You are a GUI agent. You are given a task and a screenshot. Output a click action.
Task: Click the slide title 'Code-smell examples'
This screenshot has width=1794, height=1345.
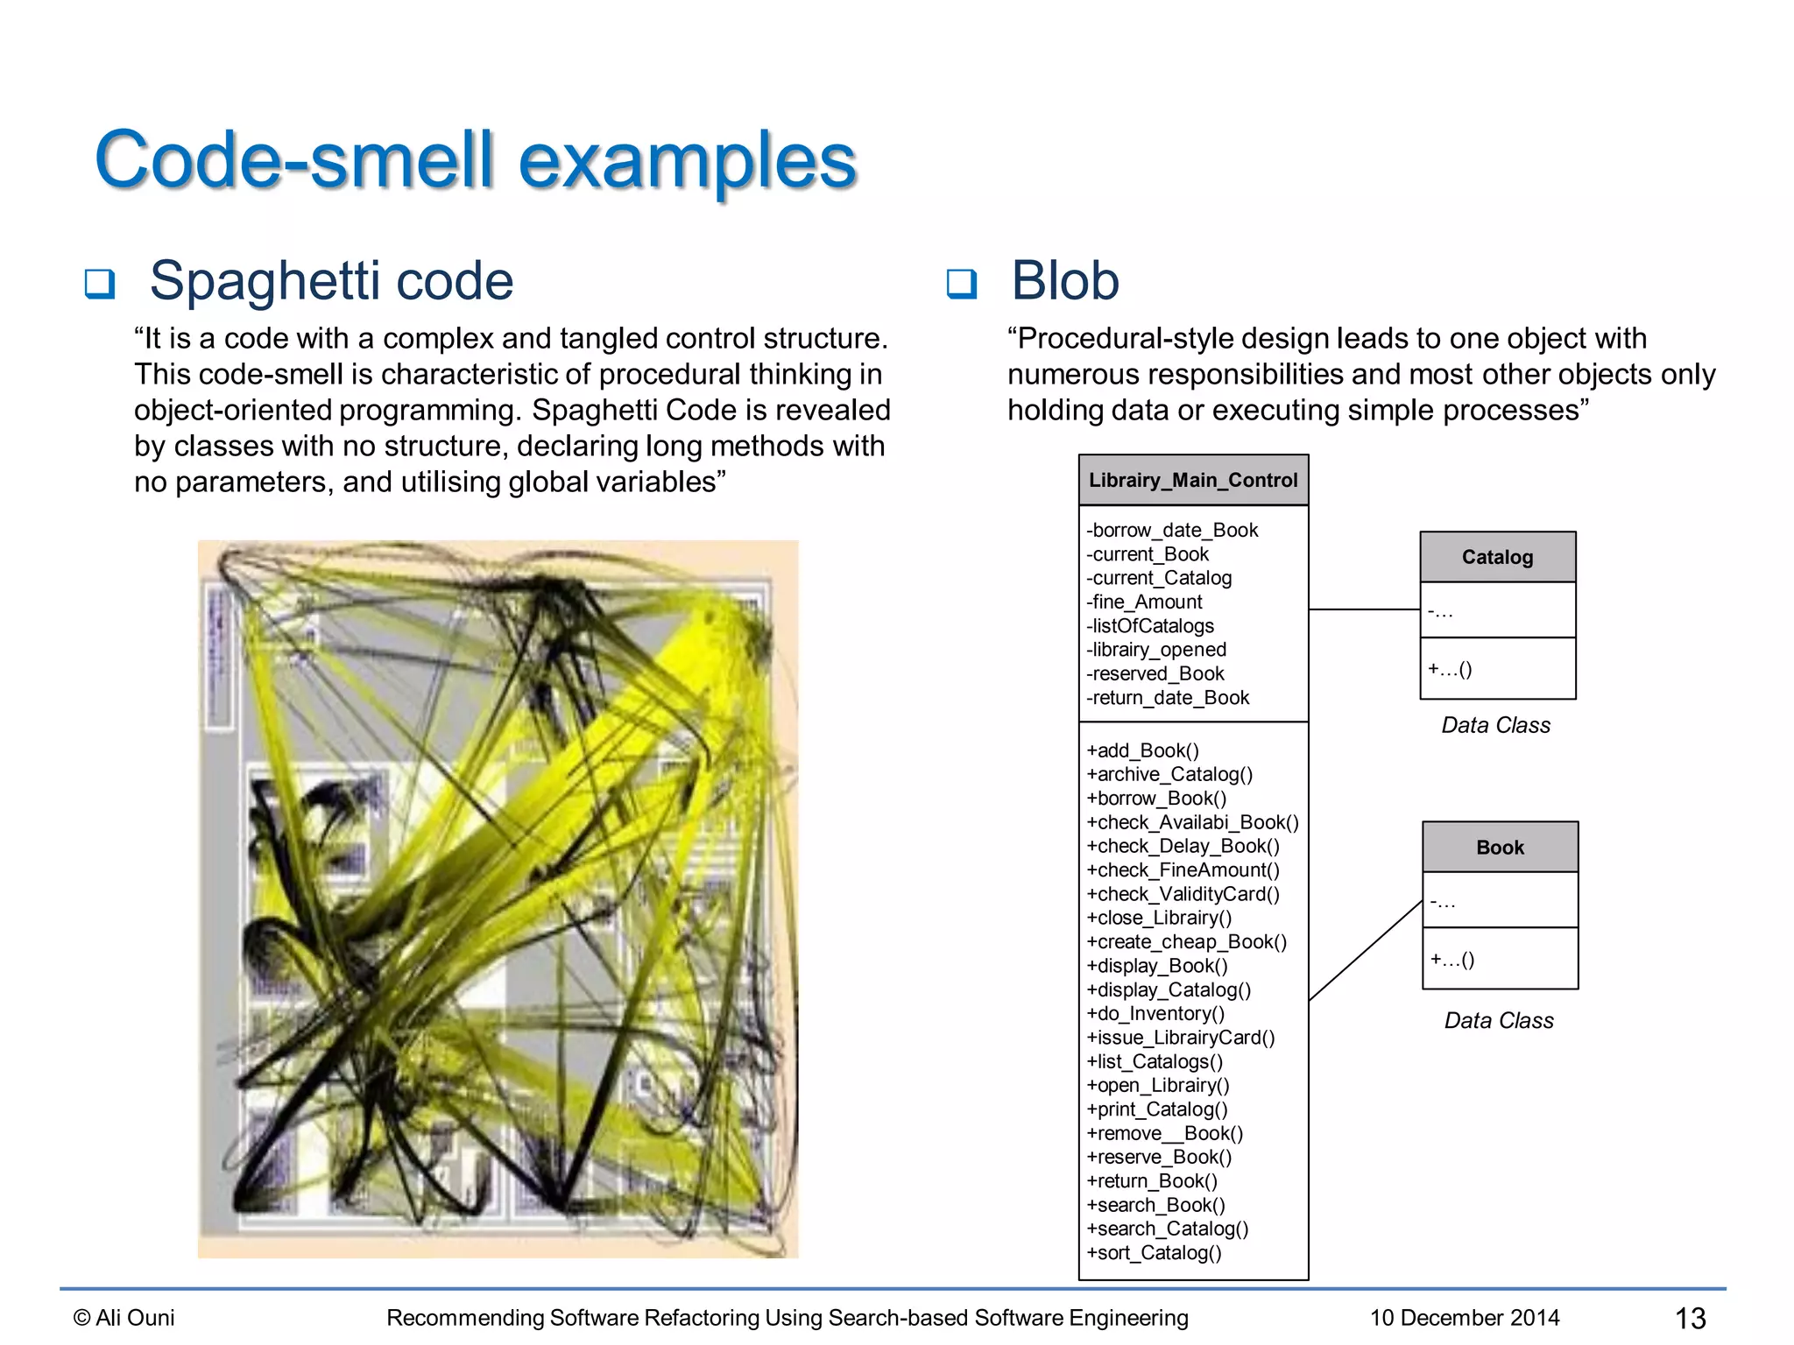tap(475, 160)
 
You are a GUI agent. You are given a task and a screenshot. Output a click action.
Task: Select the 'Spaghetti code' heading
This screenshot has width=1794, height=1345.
tap(331, 281)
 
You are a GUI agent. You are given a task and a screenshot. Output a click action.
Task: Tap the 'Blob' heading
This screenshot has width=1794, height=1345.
tap(1064, 281)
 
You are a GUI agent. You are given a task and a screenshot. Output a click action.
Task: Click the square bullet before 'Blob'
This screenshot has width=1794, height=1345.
tap(961, 284)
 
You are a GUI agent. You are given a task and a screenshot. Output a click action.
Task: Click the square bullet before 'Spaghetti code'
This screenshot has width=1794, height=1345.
tap(99, 284)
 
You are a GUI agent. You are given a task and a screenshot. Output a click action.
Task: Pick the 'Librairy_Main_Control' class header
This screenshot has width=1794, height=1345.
tap(1193, 480)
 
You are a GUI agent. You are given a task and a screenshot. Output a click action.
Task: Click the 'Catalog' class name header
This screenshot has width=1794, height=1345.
tap(1497, 557)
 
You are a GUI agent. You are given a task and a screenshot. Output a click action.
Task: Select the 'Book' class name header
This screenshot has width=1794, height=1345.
tap(1500, 847)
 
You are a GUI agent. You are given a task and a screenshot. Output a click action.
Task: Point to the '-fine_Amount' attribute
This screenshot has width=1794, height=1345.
tap(1144, 602)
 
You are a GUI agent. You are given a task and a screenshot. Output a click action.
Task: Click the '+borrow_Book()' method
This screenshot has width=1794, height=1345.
tap(1156, 798)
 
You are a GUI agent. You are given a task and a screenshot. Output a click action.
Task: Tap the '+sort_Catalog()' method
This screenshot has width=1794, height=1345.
tap(1154, 1252)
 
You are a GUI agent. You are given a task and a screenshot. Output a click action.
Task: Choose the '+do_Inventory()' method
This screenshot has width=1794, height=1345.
tap(1155, 1013)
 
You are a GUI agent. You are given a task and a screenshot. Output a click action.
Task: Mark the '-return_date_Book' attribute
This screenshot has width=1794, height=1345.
tap(1168, 697)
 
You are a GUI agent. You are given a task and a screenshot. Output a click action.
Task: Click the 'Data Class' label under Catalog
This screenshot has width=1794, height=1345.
tap(1495, 725)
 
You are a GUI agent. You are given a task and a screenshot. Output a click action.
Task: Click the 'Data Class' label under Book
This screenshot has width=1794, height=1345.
tap(1499, 1020)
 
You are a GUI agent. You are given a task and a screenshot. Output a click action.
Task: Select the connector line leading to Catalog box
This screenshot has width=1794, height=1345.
tap(1364, 609)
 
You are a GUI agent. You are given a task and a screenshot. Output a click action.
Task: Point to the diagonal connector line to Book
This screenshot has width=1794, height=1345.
tap(1365, 950)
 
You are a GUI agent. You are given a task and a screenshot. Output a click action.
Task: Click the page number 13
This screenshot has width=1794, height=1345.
tap(1690, 1318)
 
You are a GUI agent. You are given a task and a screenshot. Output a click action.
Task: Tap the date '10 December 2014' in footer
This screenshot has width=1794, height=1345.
tap(1465, 1317)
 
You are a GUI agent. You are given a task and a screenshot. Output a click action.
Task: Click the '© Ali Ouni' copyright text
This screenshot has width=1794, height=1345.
tap(124, 1317)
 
